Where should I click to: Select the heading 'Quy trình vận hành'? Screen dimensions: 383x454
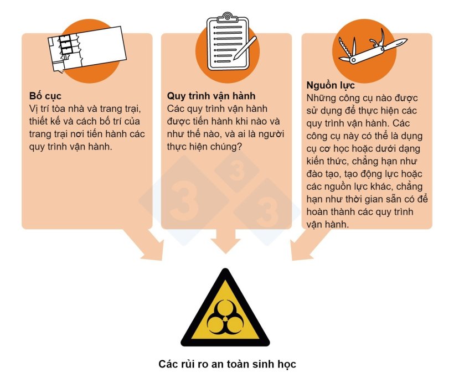[x=211, y=96]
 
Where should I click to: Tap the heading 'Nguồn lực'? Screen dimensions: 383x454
[x=331, y=86]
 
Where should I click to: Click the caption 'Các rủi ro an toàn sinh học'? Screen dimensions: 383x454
[x=227, y=364]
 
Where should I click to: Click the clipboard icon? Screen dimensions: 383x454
[x=228, y=36]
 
